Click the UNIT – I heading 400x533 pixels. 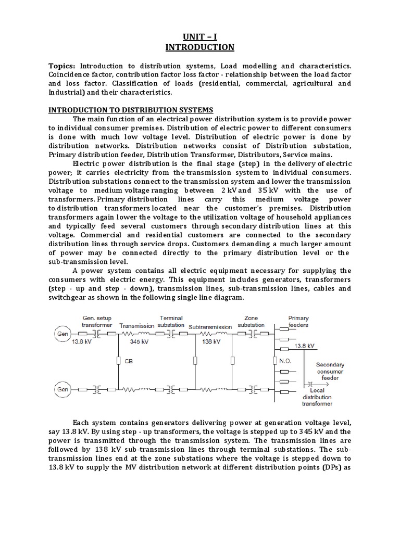pyautogui.click(x=200, y=36)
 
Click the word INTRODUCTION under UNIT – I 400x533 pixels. pyautogui.click(x=200, y=47)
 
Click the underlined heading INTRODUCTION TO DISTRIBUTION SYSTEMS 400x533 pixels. pyautogui.click(x=131, y=110)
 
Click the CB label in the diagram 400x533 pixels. pyautogui.click(x=129, y=360)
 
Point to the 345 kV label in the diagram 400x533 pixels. pyautogui.click(x=138, y=342)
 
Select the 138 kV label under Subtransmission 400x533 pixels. pyautogui.click(x=208, y=342)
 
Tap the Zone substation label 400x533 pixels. pyautogui.click(x=251, y=321)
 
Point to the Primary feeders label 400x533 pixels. pyautogui.click(x=298, y=322)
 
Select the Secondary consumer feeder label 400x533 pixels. pyautogui.click(x=330, y=372)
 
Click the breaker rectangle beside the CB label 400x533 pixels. pyautogui.click(x=119, y=360)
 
